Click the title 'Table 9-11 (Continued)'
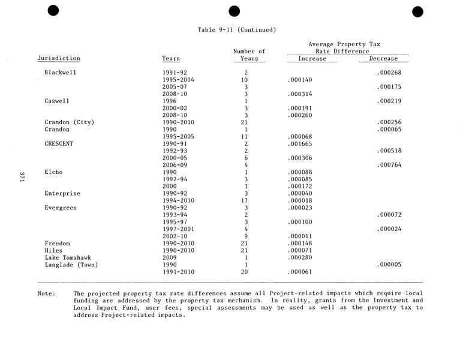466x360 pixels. [x=236, y=29]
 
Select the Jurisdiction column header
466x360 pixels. [x=59, y=59]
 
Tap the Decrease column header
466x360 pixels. [x=383, y=59]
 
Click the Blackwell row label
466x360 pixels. [x=61, y=73]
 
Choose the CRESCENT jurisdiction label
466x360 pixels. [x=59, y=144]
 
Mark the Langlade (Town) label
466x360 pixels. [x=71, y=265]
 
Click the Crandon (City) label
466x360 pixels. [x=70, y=122]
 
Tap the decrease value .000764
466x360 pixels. [x=389, y=165]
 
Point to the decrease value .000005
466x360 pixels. [x=389, y=265]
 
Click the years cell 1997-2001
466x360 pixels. [x=178, y=229]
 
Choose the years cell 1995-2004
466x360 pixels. [x=178, y=80]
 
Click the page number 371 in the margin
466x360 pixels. [x=22, y=176]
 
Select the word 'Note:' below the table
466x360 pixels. [x=46, y=293]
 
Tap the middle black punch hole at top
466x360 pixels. [x=234, y=11]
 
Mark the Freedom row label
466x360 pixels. [x=57, y=244]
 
